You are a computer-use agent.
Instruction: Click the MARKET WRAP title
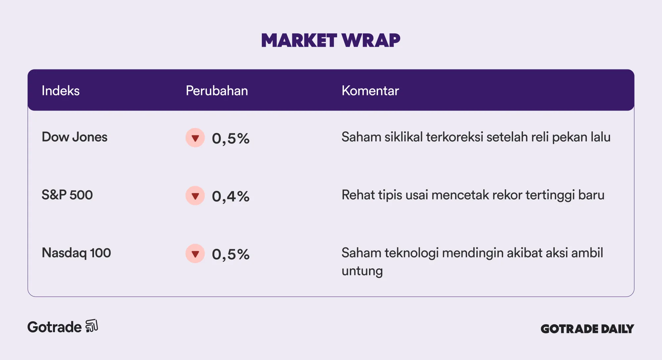331,40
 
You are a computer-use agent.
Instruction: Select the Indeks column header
61,91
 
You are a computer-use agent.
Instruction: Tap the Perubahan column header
217,91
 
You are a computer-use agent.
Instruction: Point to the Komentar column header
370,91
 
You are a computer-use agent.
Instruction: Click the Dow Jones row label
74,137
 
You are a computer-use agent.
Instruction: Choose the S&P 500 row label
67,195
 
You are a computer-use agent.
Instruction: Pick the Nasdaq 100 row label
76,253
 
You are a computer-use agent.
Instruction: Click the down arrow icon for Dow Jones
195,138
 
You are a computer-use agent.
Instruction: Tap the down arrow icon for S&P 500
195,196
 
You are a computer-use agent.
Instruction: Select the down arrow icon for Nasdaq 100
195,253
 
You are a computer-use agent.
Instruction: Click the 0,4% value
231,197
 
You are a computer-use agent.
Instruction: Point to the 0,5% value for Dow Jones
231,139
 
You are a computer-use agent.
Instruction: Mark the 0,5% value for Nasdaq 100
231,254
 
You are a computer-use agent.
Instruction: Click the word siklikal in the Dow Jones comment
403,137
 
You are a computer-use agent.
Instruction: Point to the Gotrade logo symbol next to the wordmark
92,326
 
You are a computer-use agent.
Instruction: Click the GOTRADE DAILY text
587,329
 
